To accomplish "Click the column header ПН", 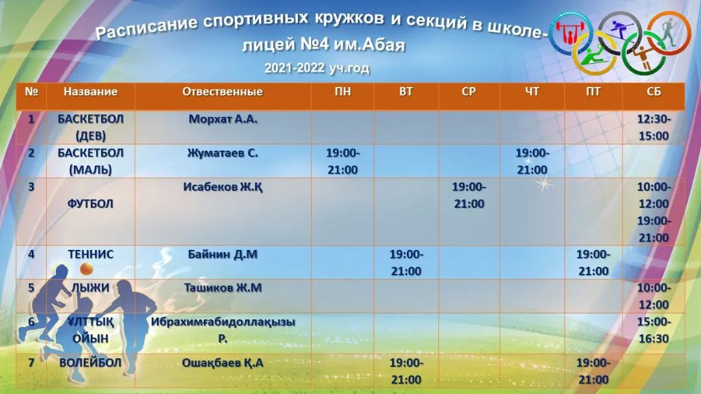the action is (x=343, y=92).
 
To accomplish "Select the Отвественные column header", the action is (x=222, y=92).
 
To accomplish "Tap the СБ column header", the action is (x=654, y=92).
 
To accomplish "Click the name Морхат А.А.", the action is (x=223, y=119).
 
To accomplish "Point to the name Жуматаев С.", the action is (x=223, y=153).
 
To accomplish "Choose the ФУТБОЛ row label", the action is (x=90, y=203).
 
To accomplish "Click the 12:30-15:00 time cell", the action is (x=654, y=127).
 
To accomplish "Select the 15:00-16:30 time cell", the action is (x=654, y=330).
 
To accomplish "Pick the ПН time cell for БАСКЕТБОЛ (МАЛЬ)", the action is (x=343, y=162).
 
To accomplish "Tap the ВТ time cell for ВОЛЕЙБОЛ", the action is (x=406, y=371).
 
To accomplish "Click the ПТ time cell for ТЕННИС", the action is (x=593, y=262).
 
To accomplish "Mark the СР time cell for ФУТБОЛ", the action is (x=469, y=195).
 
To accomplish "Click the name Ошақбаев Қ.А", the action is (x=223, y=363).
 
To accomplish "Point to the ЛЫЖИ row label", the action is (x=90, y=288).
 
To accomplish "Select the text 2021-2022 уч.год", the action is (x=317, y=68).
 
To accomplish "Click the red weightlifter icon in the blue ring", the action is (x=570, y=34).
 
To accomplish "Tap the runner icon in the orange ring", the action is (x=668, y=31).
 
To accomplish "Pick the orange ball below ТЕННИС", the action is (x=86, y=269).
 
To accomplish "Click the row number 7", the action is (x=31, y=362).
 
